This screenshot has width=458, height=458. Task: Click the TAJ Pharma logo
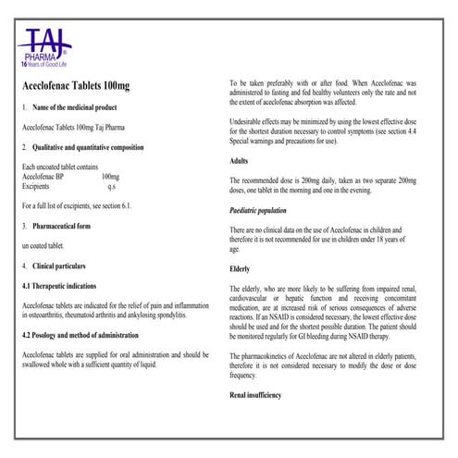45,46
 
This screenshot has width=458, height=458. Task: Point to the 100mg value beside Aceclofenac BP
110,175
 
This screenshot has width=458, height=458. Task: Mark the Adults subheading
239,160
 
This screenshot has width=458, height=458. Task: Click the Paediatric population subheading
262,212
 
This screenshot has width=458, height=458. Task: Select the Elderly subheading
240,269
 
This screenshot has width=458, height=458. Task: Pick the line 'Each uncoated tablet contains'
62,166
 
